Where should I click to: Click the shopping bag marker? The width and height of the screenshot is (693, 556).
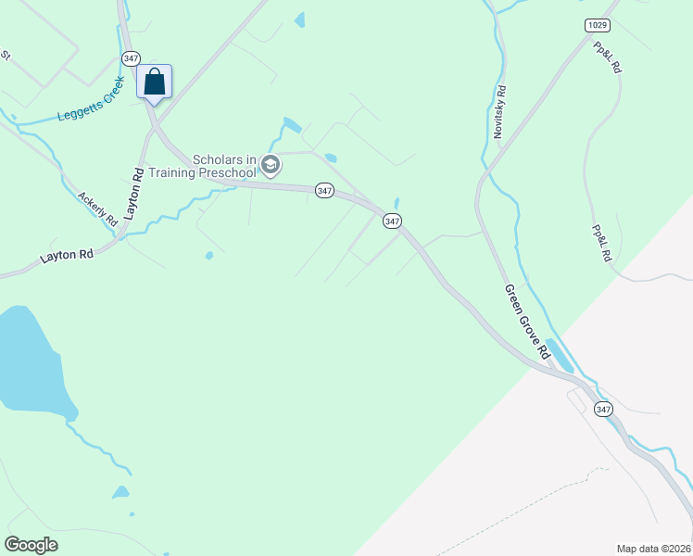click(x=155, y=82)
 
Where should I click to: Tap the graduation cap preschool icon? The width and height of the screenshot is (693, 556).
click(x=271, y=166)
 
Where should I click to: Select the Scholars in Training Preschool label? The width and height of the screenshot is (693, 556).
click(x=223, y=166)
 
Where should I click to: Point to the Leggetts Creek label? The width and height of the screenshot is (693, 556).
click(x=91, y=107)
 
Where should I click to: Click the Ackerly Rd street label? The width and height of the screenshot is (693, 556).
click(x=97, y=209)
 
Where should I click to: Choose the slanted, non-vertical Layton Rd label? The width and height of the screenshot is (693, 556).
click(x=68, y=255)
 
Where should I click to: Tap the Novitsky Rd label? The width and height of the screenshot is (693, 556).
click(x=499, y=112)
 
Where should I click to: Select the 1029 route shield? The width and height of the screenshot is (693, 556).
click(x=598, y=24)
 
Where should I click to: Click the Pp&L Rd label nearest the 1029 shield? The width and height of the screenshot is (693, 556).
click(x=608, y=57)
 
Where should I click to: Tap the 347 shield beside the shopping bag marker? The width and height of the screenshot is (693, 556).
click(x=131, y=57)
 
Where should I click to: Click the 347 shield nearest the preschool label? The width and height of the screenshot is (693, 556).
click(x=323, y=190)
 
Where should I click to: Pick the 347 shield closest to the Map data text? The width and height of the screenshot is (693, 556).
click(x=604, y=409)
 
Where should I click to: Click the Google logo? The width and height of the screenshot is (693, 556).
click(x=31, y=545)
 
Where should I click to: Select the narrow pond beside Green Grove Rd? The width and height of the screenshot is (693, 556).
click(x=559, y=356)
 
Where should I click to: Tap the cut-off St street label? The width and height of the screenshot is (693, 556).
click(x=6, y=56)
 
